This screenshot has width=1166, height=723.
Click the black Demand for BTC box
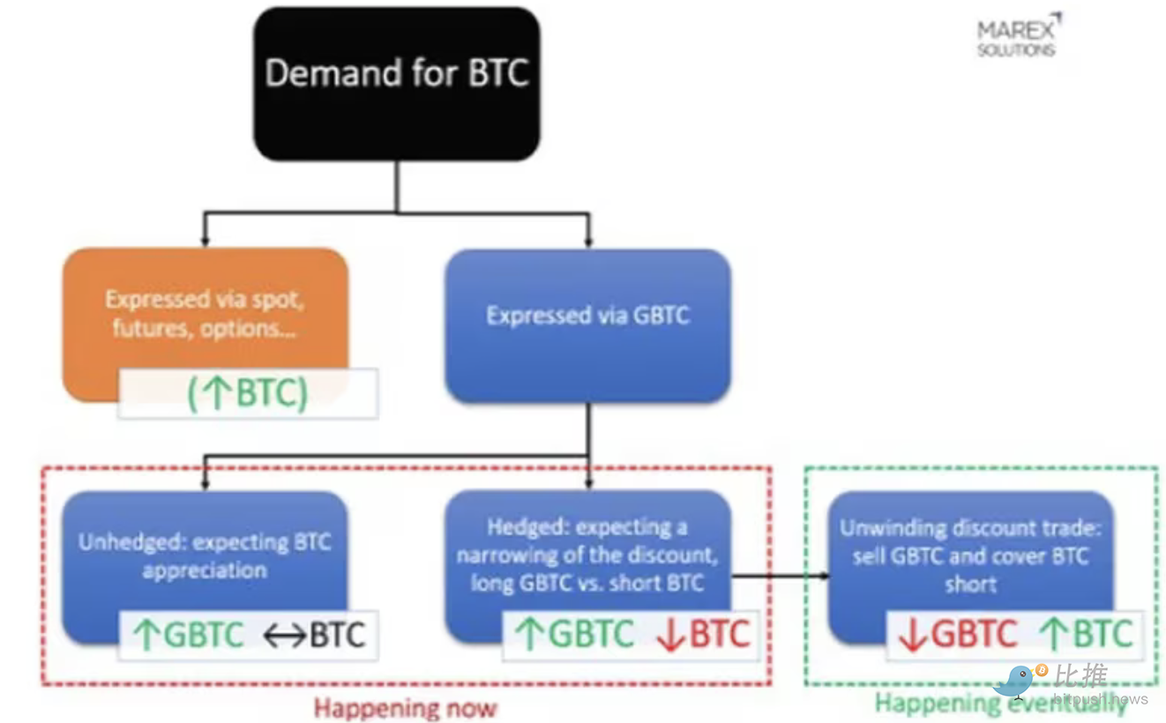click(x=397, y=84)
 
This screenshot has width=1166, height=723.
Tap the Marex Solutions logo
click(x=1017, y=37)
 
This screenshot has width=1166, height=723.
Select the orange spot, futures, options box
click(x=205, y=313)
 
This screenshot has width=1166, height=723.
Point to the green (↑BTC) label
click(x=248, y=393)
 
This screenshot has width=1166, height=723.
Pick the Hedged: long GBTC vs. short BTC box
click(x=587, y=555)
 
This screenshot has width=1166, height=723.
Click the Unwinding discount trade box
click(x=970, y=555)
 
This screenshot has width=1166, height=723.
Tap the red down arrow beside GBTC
click(x=913, y=635)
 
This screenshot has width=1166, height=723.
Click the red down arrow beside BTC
click(x=670, y=635)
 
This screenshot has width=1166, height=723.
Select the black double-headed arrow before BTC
click(x=284, y=635)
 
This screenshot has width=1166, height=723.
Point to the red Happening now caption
click(x=406, y=707)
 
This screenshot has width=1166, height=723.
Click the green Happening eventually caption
click(x=999, y=704)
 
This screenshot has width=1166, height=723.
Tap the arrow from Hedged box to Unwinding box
click(x=781, y=576)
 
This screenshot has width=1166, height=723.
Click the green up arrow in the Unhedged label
click(x=146, y=635)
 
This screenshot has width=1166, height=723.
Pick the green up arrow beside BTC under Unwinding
click(x=1053, y=635)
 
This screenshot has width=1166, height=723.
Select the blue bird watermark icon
click(x=1017, y=682)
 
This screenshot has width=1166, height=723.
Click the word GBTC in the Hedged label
click(x=591, y=635)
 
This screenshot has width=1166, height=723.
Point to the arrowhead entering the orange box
click(x=205, y=241)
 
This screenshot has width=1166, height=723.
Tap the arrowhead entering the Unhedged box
click(x=205, y=484)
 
